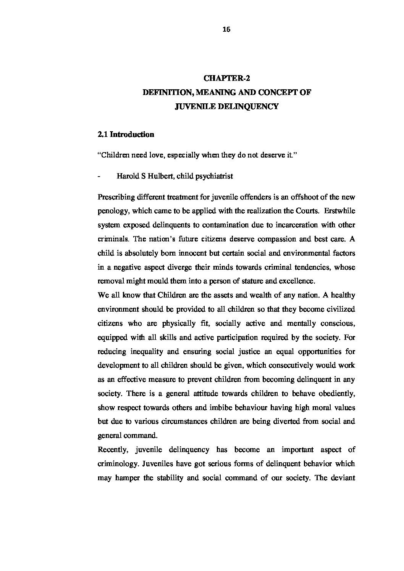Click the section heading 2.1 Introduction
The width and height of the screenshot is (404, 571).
pos(126,135)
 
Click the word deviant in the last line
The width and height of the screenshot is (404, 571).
pos(342,478)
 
